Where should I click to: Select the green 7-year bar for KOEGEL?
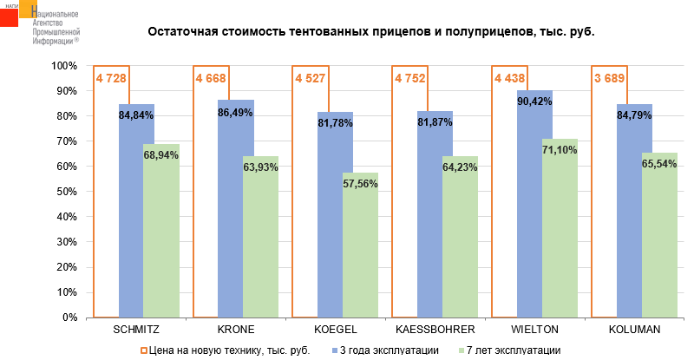pyautogui.click(x=360, y=252)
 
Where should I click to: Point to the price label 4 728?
pyautogui.click(x=110, y=79)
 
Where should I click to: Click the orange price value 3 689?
pyautogui.click(x=608, y=79)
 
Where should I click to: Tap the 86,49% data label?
pyautogui.click(x=236, y=112)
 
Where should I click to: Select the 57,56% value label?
pyautogui.click(x=360, y=183)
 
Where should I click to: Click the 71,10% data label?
pyautogui.click(x=560, y=149)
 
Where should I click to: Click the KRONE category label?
pyautogui.click(x=236, y=330)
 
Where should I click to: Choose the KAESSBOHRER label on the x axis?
pyautogui.click(x=435, y=330)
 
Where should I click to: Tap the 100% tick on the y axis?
pyautogui.click(x=66, y=66)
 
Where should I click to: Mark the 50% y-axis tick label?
pyautogui.click(x=69, y=192)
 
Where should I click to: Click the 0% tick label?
pyautogui.click(x=72, y=317)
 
